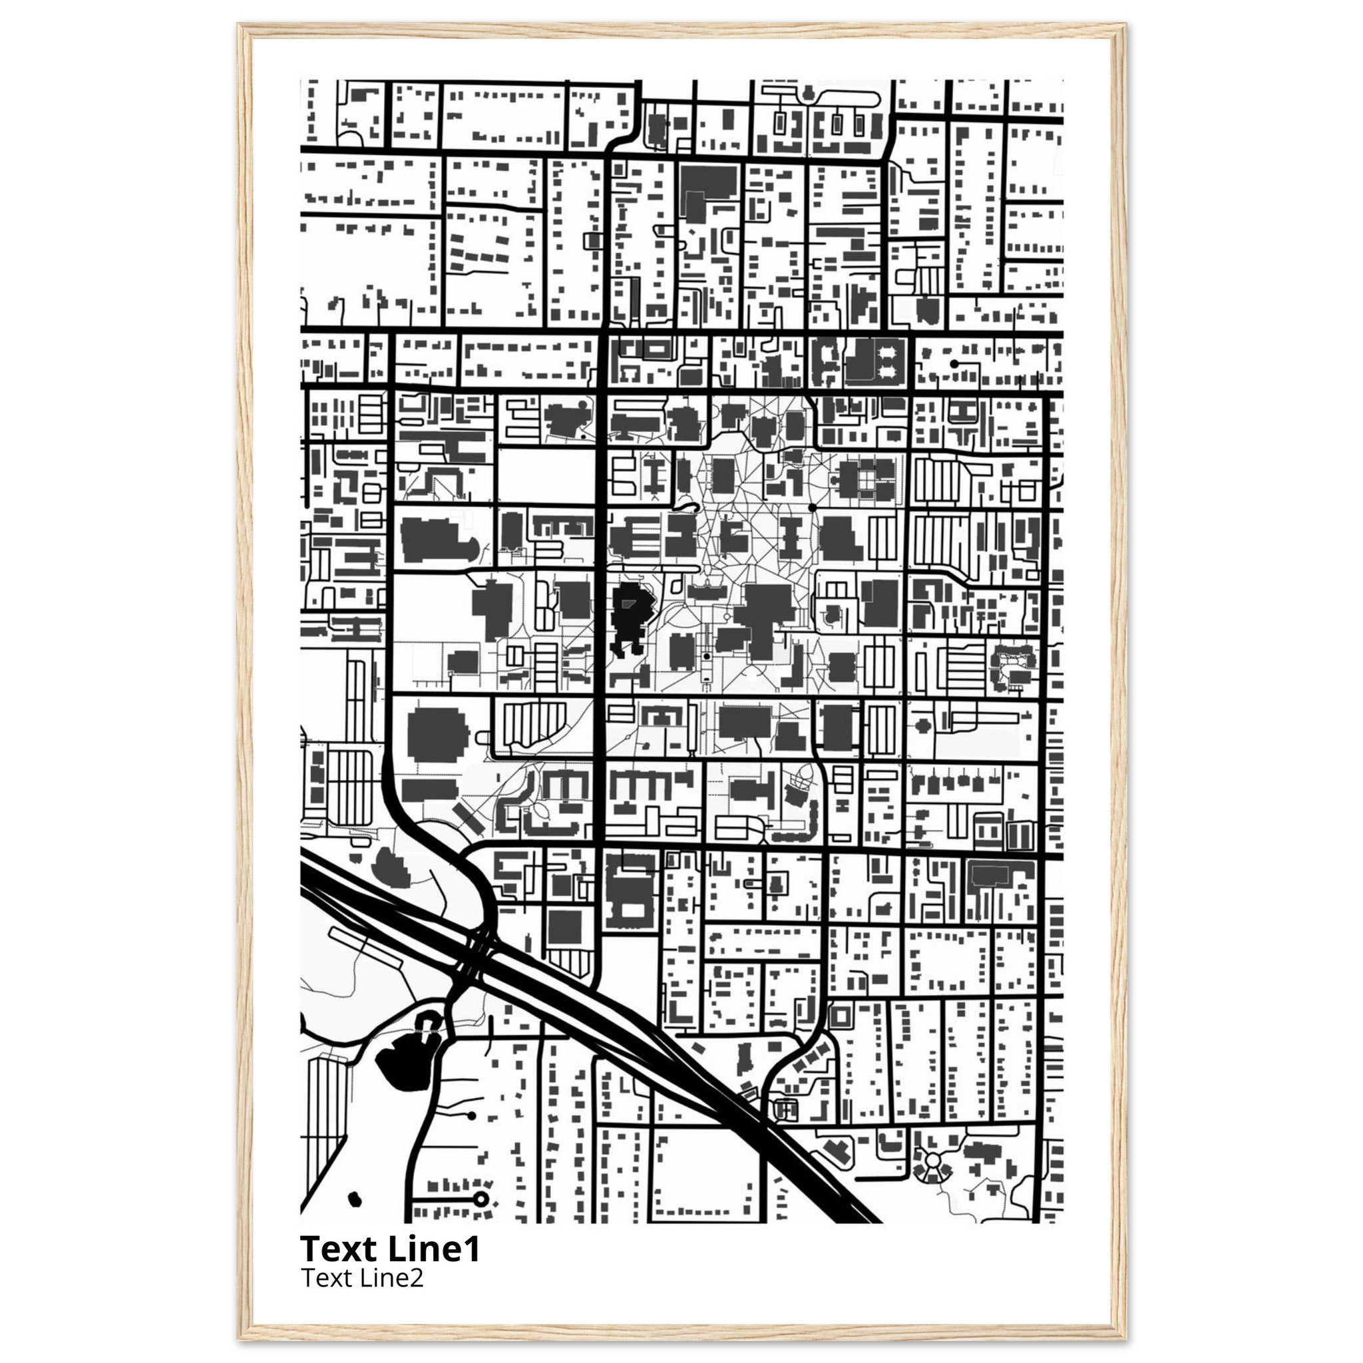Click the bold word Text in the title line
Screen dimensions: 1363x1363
click(x=339, y=1249)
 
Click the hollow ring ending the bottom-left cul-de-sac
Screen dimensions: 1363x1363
click(x=481, y=1199)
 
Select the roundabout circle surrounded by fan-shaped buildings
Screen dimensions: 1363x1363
click(x=932, y=1160)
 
